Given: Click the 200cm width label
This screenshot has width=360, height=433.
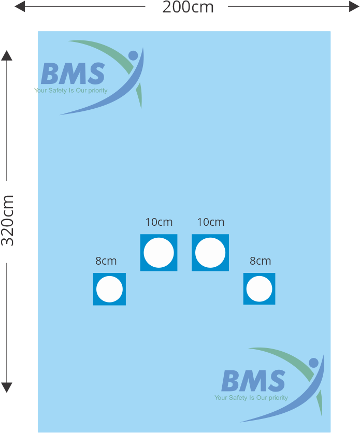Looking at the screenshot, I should [188, 7].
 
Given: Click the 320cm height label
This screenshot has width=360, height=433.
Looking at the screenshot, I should [8, 220].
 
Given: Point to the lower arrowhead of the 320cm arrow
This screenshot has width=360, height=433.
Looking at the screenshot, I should [7, 387].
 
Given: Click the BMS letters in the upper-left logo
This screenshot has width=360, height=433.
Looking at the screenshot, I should [73, 74].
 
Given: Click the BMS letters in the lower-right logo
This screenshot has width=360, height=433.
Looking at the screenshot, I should [253, 382].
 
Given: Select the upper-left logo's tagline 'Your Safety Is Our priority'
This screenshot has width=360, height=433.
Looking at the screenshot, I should [71, 91].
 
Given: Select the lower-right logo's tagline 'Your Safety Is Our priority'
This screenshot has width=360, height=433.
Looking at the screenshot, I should [251, 398].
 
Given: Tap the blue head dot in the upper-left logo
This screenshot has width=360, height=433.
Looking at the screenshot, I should [133, 55].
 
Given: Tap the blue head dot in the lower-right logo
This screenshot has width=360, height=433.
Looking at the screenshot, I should [313, 363].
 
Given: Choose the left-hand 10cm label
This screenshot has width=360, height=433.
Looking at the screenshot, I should [159, 222].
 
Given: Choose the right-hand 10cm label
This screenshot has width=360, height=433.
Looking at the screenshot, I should [211, 222].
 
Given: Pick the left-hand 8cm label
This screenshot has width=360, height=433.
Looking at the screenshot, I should [106, 261].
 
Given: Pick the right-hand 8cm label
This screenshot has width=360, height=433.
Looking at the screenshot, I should [260, 261].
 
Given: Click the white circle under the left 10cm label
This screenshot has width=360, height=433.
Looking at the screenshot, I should [159, 253].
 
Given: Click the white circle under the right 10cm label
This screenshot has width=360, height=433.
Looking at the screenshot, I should [210, 253].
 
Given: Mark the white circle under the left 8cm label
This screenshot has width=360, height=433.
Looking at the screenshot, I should [109, 289].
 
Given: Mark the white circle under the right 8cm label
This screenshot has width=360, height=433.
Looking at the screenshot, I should [259, 288].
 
